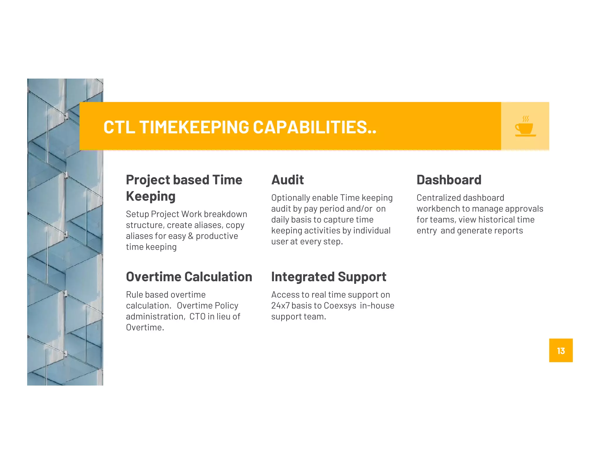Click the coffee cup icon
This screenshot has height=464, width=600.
(525, 127)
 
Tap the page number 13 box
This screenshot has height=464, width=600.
(560, 350)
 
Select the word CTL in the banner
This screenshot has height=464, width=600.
(119, 127)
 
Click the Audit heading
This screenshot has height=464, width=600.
(287, 180)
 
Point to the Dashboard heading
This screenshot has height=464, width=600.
(449, 180)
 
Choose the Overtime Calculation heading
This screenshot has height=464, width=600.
(189, 277)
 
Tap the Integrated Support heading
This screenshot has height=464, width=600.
(328, 277)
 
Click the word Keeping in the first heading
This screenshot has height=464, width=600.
(151, 196)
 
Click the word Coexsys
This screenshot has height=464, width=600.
(340, 306)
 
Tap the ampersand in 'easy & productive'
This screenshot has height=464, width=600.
(191, 236)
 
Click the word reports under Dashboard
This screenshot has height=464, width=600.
(508, 231)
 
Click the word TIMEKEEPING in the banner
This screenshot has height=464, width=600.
(194, 127)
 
